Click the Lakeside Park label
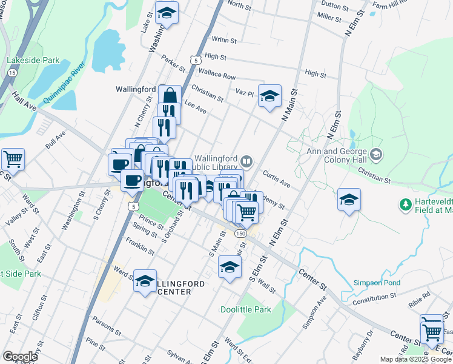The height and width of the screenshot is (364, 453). coord(33,61)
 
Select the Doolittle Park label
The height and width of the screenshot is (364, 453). coord(263,309)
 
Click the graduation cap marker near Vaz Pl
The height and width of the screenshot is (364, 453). coord(269,96)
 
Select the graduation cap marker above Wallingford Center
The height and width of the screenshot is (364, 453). coord(145,281)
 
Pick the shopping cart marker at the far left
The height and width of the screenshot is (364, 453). coord(13,160)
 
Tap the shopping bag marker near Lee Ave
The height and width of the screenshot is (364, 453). coord(170,96)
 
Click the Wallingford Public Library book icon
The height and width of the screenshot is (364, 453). coord(246,161)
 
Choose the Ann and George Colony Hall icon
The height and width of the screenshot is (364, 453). coord(376,155)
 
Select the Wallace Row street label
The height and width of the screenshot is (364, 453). coord(217,76)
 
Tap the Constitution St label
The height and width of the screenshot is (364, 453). coord(373,298)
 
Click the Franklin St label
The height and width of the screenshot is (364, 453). coord(140,246)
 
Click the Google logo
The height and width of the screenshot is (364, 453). coord(20,357)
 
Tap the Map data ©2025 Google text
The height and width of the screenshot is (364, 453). coord(415,359)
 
